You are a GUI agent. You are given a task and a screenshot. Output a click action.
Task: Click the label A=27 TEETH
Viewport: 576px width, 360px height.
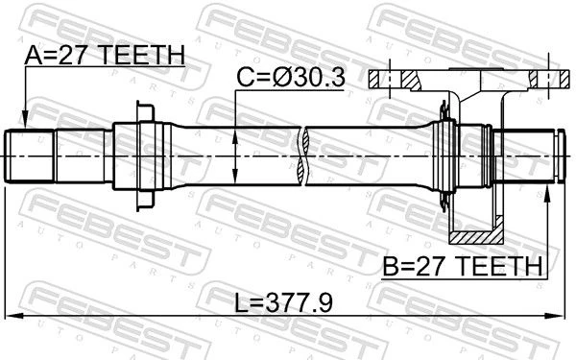[105, 56]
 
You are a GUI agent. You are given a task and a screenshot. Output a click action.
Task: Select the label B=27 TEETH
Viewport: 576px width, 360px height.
[463, 266]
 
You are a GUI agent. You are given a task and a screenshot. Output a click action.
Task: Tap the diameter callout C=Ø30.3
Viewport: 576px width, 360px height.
[291, 77]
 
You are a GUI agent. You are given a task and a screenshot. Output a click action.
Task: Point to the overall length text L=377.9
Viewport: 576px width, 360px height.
[283, 303]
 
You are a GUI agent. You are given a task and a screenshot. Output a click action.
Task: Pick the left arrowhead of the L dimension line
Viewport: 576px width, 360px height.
[15, 316]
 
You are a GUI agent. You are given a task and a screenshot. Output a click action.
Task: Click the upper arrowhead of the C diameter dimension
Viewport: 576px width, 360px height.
[235, 136]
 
